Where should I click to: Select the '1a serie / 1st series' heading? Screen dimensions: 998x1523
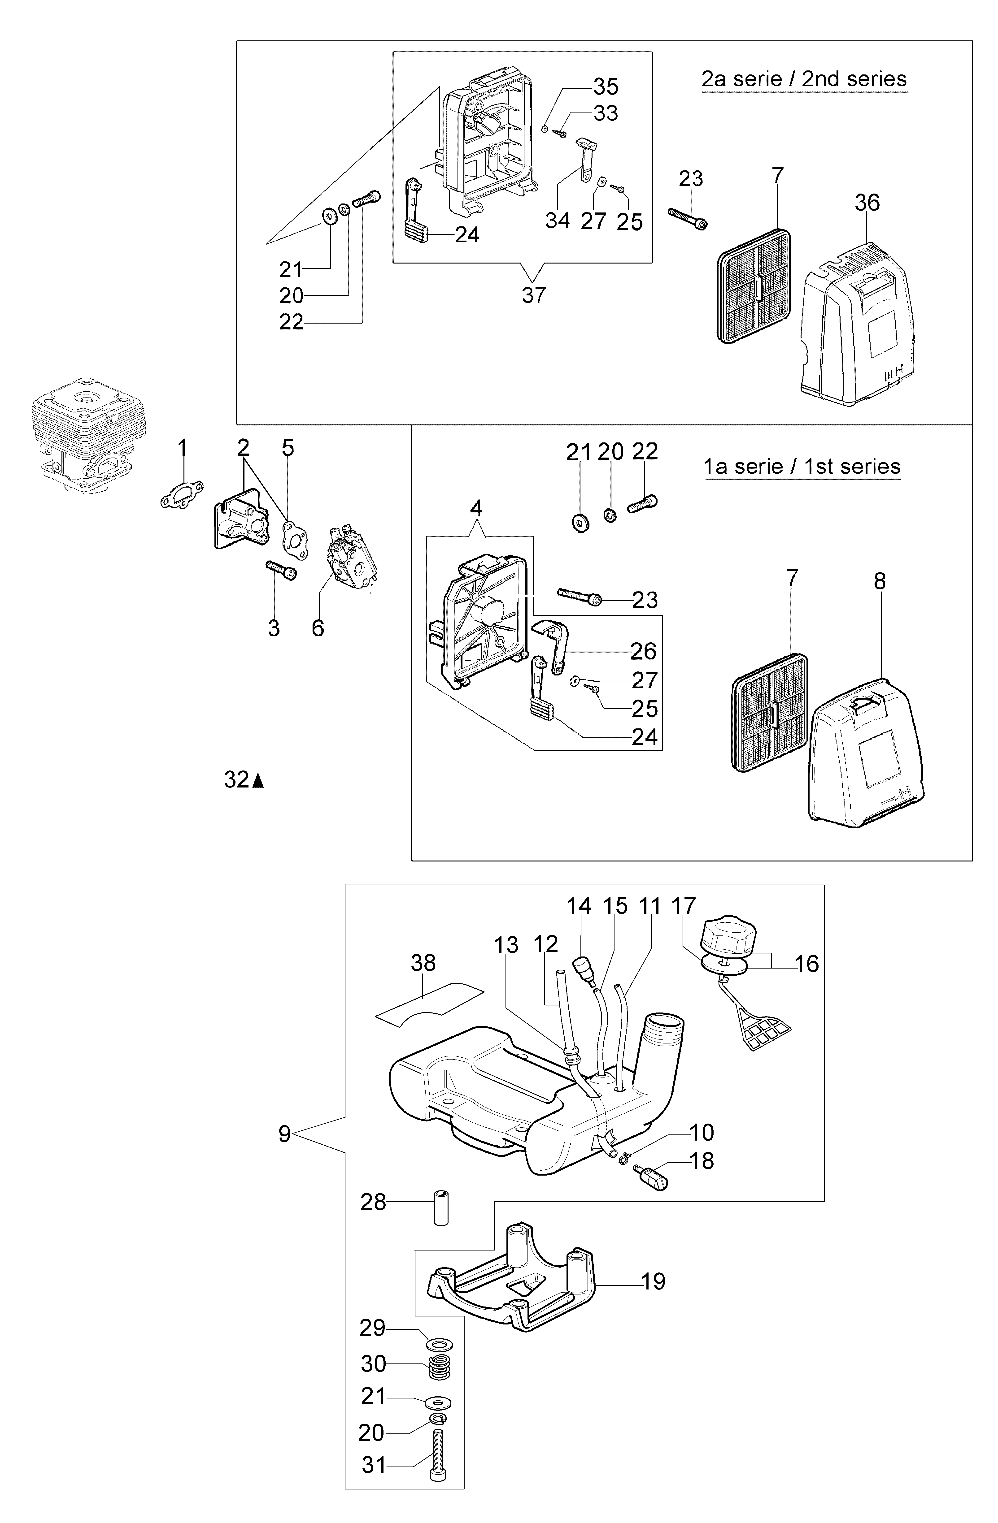(802, 467)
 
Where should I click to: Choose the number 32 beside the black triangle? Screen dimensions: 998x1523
(236, 780)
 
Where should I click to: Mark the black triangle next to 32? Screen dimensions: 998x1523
(258, 781)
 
